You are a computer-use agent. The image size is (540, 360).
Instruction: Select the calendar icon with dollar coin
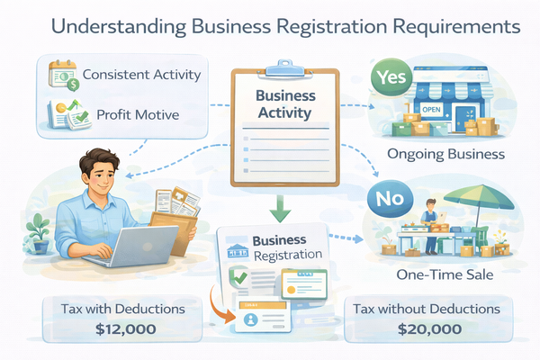[x=64, y=74]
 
